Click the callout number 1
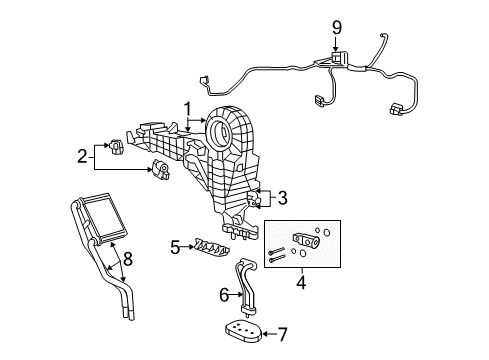point(185,108)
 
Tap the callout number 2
point(83,156)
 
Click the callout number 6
point(226,293)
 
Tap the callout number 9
point(337,26)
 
